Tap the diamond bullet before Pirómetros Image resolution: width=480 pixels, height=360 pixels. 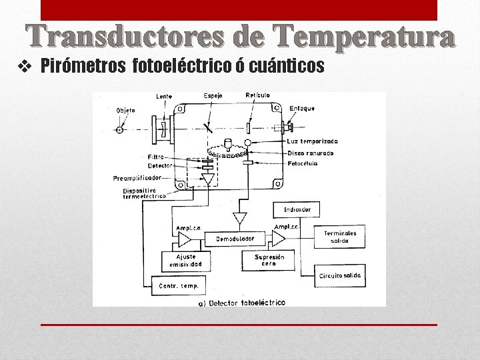(x=27, y=67)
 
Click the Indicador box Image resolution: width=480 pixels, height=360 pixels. (x=297, y=209)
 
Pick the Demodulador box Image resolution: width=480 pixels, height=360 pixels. (x=235, y=238)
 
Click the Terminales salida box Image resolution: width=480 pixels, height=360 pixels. (x=340, y=237)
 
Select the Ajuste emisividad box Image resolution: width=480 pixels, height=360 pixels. (x=185, y=261)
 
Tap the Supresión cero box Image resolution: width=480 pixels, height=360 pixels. (x=269, y=261)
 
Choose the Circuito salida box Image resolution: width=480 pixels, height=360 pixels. (x=340, y=275)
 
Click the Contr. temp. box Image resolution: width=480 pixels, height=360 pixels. (x=179, y=286)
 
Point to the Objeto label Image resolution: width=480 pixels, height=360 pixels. (x=125, y=110)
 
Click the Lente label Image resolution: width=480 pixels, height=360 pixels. (x=164, y=97)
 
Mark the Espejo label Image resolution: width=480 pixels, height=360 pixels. (x=213, y=96)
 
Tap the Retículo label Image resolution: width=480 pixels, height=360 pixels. (x=257, y=95)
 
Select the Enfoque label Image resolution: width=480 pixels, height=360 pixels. (x=302, y=108)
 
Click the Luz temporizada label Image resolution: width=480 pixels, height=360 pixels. (x=313, y=141)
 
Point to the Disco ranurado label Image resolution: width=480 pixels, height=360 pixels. (x=311, y=153)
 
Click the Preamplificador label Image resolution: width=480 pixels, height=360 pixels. (x=137, y=178)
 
